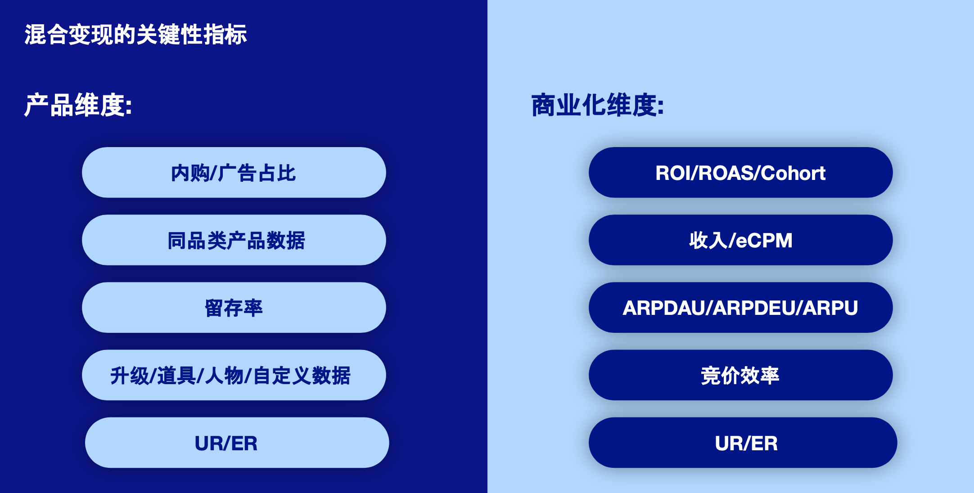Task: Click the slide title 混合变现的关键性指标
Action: coord(135,35)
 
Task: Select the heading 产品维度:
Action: coord(78,105)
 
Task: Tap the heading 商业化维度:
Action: coord(598,105)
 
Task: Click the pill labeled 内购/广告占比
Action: coord(234,172)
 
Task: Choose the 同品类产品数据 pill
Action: coord(234,240)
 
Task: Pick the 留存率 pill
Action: coord(234,307)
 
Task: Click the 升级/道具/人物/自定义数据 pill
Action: coord(234,375)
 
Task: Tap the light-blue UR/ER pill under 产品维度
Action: coord(237,443)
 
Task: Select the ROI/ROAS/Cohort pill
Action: coord(741,172)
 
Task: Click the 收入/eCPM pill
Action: coord(741,240)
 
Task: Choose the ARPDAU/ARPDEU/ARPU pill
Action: coord(741,307)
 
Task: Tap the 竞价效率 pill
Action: coord(741,375)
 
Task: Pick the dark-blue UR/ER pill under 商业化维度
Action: coord(743,443)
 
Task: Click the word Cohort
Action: coord(794,173)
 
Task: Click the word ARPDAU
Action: coord(664,308)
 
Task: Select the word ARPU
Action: coord(831,308)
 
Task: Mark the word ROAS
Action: coord(726,173)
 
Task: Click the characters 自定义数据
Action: coord(302,376)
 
